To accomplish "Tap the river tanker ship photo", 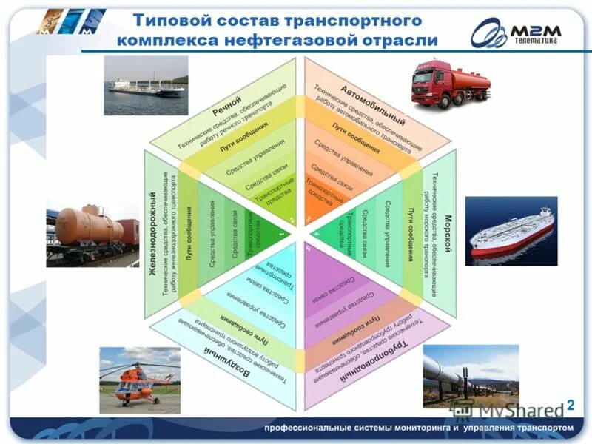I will [x=146, y=86].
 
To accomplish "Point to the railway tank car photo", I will [x=92, y=232].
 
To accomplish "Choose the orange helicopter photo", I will [x=140, y=380].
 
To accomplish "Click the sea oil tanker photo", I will [x=511, y=231].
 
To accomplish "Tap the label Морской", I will [x=448, y=238].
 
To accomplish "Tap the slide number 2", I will [x=571, y=403].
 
